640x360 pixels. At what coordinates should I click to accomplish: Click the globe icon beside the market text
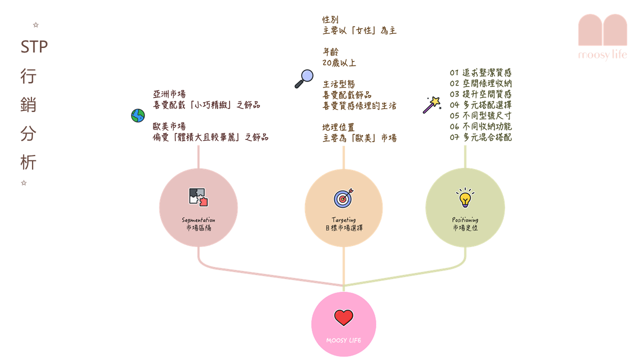click(138, 115)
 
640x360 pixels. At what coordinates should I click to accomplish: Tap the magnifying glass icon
click(304, 79)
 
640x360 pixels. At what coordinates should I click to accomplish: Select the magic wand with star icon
click(432, 105)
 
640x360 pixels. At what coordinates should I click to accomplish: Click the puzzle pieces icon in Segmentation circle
click(198, 197)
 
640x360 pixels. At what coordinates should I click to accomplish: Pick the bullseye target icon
click(343, 198)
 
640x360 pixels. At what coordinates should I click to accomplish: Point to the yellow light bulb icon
click(465, 197)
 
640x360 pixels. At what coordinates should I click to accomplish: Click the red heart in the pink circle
click(343, 317)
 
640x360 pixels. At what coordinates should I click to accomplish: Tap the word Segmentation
click(198, 220)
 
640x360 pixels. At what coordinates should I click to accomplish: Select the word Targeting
click(343, 219)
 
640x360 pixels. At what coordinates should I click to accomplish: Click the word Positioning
click(465, 219)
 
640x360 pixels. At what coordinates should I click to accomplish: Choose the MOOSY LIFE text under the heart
click(343, 340)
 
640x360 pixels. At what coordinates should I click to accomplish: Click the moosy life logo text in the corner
click(602, 54)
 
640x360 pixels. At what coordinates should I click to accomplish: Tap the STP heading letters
click(34, 47)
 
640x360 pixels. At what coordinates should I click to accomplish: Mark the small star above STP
click(35, 25)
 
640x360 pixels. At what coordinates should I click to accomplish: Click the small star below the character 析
click(23, 183)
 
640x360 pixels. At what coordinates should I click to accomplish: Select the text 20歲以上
click(339, 62)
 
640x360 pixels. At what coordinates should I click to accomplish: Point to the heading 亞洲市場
click(169, 94)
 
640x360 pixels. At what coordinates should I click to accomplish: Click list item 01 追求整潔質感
click(480, 72)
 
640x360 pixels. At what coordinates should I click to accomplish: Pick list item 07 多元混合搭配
click(480, 137)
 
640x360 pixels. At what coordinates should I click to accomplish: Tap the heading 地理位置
click(338, 127)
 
